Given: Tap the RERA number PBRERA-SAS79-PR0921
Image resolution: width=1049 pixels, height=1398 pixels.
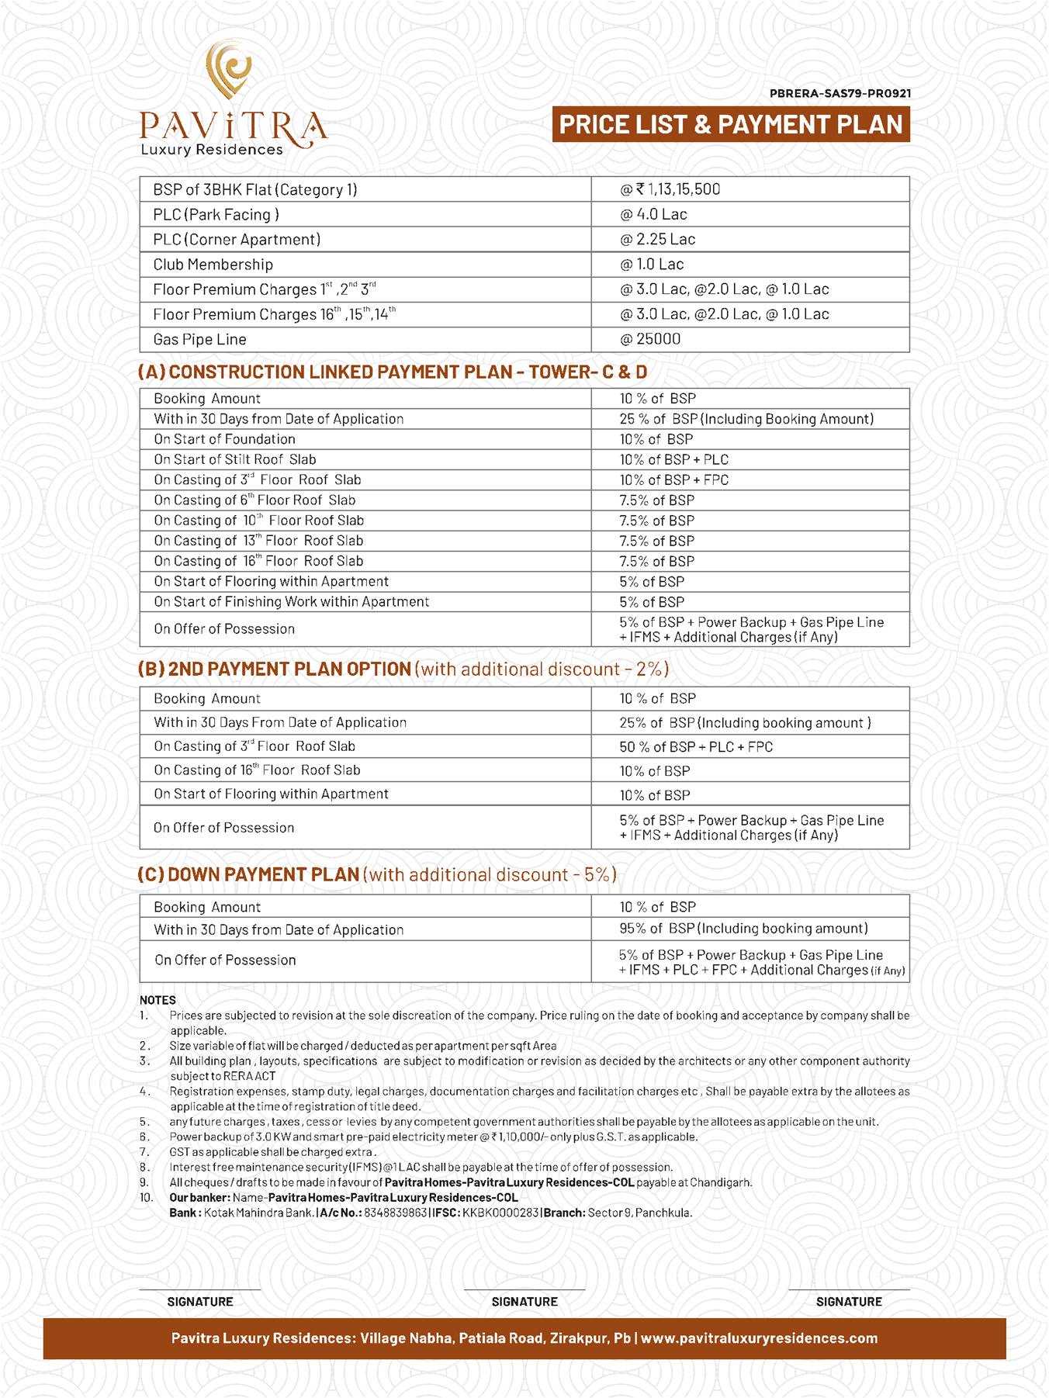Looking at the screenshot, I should point(840,94).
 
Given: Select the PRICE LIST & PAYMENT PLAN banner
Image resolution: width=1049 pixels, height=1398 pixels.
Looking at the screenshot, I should point(731,125).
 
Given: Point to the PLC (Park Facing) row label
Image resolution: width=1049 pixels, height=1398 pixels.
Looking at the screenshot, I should point(216,215).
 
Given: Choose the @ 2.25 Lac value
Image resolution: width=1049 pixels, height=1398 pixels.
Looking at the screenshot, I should point(657,240).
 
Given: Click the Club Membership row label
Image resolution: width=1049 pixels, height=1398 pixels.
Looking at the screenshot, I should point(213,265).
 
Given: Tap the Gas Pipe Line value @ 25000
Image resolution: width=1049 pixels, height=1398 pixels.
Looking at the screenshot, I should point(650,339).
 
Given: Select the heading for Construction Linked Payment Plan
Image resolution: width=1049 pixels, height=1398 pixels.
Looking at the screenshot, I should point(392,372).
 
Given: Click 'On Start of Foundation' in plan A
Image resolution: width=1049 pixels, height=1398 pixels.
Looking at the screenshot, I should point(224,439).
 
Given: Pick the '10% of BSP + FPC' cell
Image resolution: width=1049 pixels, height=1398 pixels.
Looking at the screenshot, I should point(673,480).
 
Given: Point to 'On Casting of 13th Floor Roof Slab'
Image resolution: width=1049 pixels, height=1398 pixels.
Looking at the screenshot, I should point(258,541).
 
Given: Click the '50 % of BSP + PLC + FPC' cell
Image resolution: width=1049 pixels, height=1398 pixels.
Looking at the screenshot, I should point(696,747).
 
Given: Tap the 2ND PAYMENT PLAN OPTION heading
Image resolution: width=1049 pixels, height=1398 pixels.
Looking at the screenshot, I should point(275,670).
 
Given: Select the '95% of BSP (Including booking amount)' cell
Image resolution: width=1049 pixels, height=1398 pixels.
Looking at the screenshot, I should point(743,929).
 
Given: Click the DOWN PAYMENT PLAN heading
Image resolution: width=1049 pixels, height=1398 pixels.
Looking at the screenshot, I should point(248,875).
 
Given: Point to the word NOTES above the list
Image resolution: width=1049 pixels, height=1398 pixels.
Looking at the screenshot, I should point(158,1000).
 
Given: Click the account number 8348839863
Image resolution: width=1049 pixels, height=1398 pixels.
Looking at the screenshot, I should point(395,1213).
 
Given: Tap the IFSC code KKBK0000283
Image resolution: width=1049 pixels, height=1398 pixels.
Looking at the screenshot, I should point(500,1213).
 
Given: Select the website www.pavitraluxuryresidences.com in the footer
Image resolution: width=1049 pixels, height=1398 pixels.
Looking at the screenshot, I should point(759,1338).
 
